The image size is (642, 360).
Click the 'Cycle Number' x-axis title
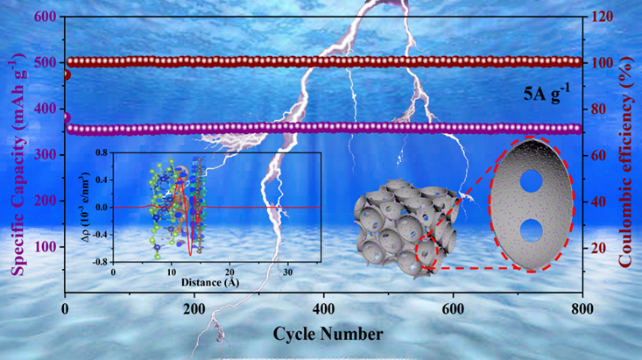(x=328, y=335)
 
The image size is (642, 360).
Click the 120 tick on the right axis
(x=601, y=17)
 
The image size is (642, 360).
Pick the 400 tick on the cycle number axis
(x=323, y=309)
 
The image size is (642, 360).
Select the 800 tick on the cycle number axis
(x=582, y=309)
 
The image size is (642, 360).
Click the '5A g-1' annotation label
(x=547, y=94)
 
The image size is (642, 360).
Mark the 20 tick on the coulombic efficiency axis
(x=597, y=248)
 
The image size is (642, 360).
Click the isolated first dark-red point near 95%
(x=66, y=75)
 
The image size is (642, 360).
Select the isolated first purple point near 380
(x=66, y=118)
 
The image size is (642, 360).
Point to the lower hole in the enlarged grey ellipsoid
(x=531, y=230)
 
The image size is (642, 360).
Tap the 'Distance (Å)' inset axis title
(x=210, y=283)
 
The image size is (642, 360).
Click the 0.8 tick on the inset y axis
(x=102, y=153)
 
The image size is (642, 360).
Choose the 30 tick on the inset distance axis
(x=288, y=272)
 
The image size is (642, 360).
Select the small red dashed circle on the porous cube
(x=427, y=252)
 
